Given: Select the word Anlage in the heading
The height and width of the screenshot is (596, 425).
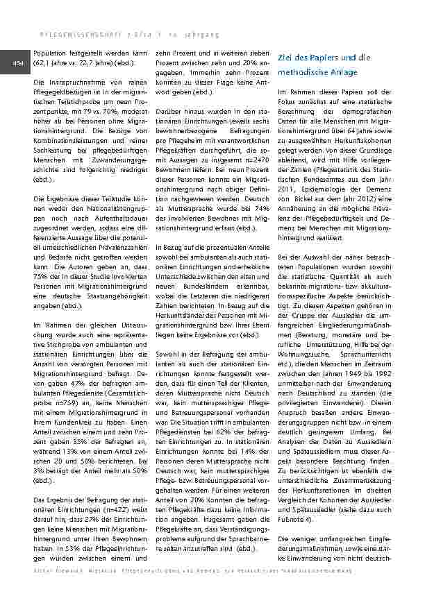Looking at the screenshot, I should [342, 72].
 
